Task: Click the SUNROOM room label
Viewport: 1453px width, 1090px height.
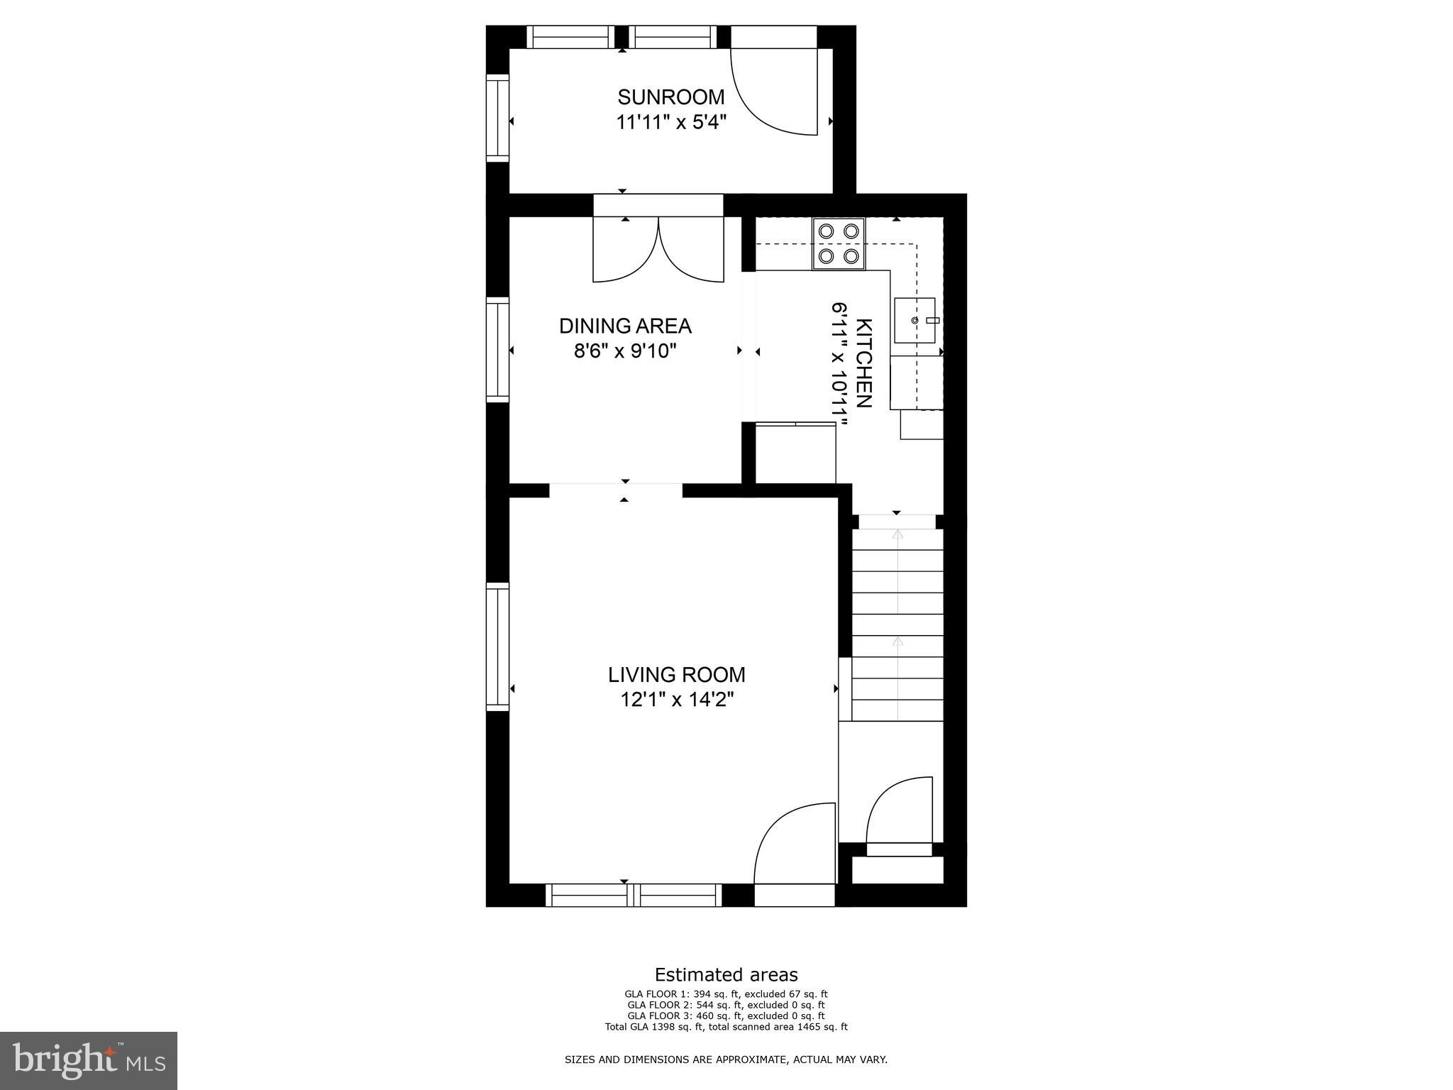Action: (x=670, y=97)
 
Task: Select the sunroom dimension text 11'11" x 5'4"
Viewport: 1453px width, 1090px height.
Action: (x=670, y=122)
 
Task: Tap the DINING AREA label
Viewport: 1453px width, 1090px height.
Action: (x=625, y=326)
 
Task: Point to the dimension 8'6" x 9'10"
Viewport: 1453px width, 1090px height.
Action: (x=625, y=351)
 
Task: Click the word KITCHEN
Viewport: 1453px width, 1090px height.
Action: (x=864, y=363)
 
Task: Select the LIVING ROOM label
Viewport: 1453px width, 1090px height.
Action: (x=676, y=674)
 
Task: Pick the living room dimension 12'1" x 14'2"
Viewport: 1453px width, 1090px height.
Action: (x=676, y=700)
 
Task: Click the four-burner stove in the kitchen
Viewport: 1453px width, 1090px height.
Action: (x=839, y=243)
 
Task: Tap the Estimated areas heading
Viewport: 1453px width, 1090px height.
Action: (x=726, y=974)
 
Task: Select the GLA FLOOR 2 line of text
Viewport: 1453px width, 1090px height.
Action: (x=726, y=1005)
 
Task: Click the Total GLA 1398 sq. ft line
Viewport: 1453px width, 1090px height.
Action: (x=726, y=1026)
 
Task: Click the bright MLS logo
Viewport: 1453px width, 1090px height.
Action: (x=89, y=1060)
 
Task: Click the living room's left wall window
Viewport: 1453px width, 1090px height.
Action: (x=497, y=646)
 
